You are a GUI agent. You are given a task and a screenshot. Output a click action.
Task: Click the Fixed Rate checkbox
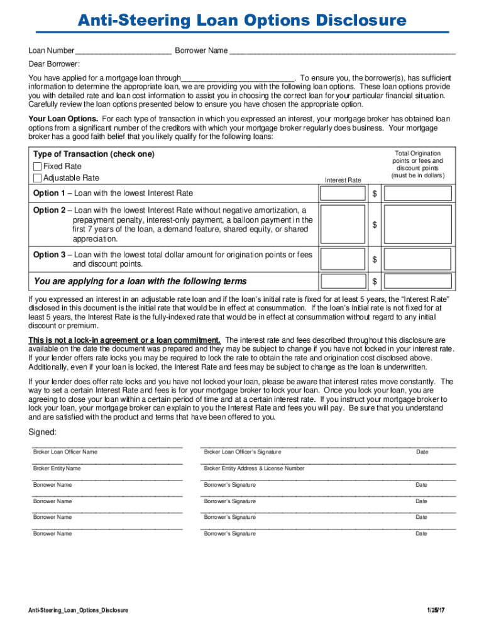point(37,167)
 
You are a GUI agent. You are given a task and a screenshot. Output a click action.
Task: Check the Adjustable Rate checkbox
point(37,178)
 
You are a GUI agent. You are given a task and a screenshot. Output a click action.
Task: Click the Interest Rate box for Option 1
point(342,194)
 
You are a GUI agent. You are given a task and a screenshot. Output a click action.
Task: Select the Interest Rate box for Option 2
point(342,225)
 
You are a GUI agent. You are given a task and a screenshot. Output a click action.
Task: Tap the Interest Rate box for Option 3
point(342,259)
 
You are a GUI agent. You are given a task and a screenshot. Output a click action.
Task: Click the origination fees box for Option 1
point(417,194)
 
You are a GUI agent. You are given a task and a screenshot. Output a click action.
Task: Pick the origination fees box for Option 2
point(417,225)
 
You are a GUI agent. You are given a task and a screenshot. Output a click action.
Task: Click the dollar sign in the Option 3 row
point(375,260)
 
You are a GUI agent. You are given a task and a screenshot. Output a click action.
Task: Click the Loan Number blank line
point(123,51)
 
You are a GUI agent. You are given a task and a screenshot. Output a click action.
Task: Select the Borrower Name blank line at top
point(342,51)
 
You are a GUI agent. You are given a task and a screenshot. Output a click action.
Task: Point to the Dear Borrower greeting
point(54,64)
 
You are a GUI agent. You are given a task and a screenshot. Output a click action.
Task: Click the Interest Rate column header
point(343,180)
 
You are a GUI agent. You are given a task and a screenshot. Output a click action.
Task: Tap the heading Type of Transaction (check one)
point(94,154)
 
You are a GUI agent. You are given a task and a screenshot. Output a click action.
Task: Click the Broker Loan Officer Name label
point(65,452)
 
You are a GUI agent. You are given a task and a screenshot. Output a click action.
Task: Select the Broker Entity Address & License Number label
point(254,469)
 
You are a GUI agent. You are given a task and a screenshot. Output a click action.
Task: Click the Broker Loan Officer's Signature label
point(243,452)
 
